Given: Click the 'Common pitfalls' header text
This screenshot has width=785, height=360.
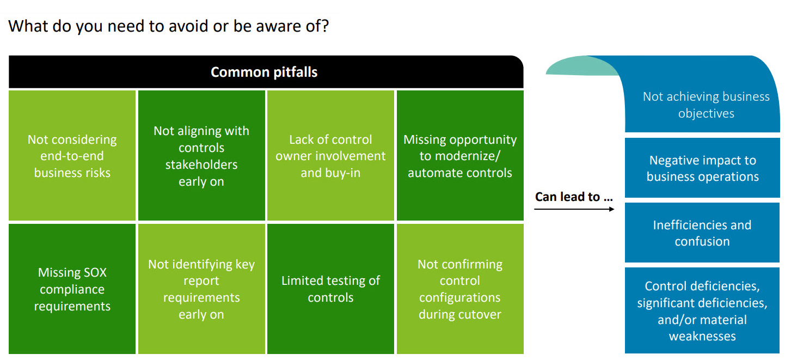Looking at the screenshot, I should tap(264, 72).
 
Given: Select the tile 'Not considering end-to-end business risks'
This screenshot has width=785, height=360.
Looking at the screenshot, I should tap(72, 156).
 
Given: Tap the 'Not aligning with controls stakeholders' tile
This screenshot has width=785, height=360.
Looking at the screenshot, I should tap(201, 156).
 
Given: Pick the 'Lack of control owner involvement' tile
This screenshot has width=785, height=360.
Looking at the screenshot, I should tap(330, 156).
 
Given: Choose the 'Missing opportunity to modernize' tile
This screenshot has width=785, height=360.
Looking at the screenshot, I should tap(460, 156).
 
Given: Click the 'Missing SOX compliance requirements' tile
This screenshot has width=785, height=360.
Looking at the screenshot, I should tap(72, 289).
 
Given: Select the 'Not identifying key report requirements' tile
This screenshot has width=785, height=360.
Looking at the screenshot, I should tap(201, 289).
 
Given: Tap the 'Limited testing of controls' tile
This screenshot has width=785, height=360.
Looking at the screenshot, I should tap(330, 289).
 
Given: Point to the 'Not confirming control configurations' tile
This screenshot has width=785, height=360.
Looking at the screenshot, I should tap(460, 289).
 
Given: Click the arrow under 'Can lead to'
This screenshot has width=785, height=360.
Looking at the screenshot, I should tap(574, 209).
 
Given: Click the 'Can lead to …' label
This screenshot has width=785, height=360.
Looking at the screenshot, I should tap(574, 197).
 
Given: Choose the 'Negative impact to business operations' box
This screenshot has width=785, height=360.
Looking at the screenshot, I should tap(702, 168).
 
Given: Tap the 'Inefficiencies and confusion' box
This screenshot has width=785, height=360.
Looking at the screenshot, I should tap(702, 233).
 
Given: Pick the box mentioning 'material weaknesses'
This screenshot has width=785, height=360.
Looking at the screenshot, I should tap(702, 310).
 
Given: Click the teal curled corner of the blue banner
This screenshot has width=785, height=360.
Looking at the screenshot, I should tap(577, 67).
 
